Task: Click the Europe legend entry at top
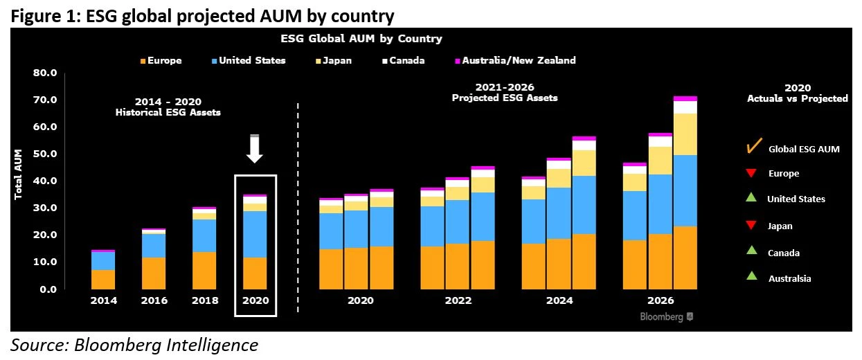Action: (161, 60)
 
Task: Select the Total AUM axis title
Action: (19, 174)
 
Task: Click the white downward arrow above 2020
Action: (255, 148)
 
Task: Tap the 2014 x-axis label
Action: (103, 301)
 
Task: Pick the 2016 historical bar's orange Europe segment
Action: (154, 273)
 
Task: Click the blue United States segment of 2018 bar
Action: (204, 235)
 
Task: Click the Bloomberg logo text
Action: (661, 316)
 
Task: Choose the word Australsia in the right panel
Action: (789, 278)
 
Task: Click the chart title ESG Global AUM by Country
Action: (361, 39)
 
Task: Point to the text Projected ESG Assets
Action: (504, 98)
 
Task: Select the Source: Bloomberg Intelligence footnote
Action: (134, 345)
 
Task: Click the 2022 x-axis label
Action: (458, 301)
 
